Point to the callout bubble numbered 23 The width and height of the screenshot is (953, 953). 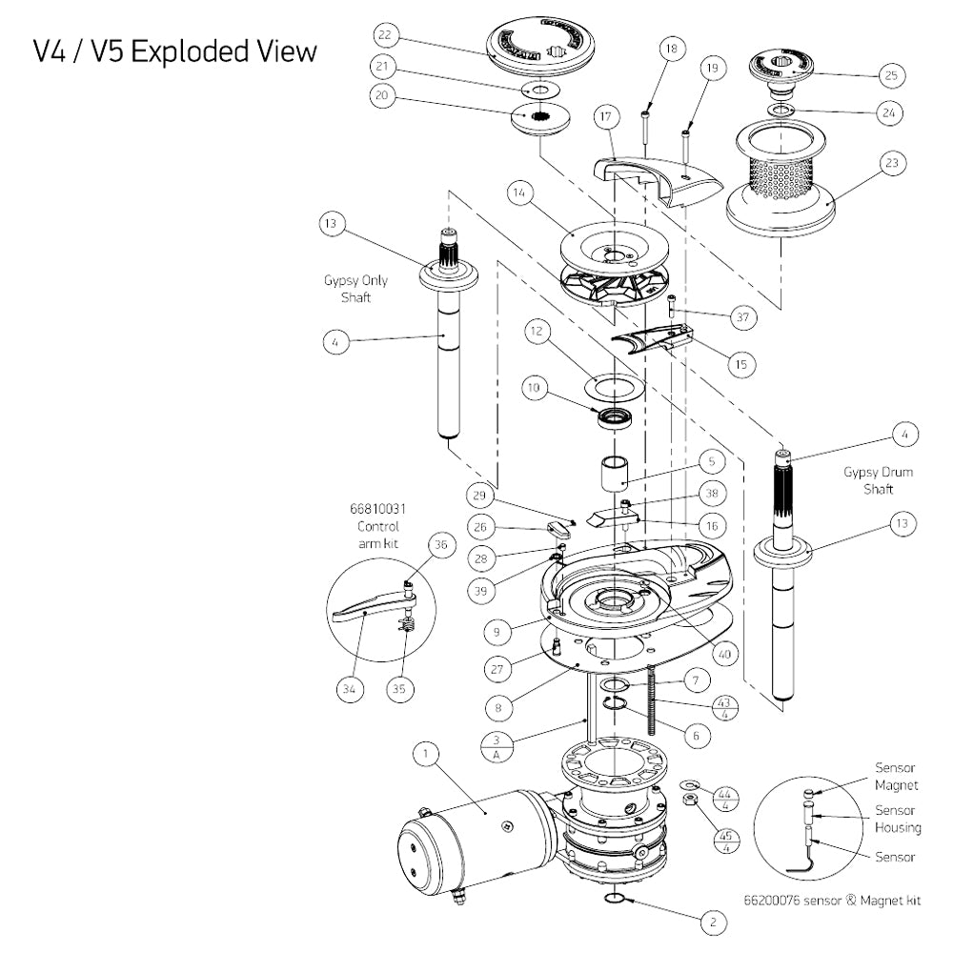coord(890,163)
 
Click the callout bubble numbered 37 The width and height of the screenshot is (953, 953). coord(743,317)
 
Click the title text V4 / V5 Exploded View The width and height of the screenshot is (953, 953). coord(174,51)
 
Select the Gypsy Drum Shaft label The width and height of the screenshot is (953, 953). coord(868,480)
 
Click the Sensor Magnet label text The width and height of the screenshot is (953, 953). coord(896,778)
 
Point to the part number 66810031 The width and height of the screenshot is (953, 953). coord(378,509)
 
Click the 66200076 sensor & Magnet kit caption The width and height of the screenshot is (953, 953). coord(831,900)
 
